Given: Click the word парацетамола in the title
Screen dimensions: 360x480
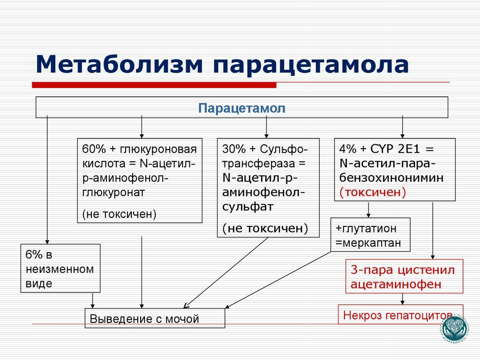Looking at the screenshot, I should (312, 65).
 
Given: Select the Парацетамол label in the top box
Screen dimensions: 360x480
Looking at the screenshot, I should (241, 108).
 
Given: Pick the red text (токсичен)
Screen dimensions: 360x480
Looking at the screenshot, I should (373, 193).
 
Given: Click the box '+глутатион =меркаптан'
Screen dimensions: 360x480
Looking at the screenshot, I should (370, 235).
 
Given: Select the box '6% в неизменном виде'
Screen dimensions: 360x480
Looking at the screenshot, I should (60, 269).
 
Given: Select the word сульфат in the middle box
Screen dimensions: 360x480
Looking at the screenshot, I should (248, 207).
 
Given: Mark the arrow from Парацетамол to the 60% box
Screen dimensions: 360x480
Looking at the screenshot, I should (142, 127).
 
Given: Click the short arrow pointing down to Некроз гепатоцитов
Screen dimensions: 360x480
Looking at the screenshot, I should (402, 299).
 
